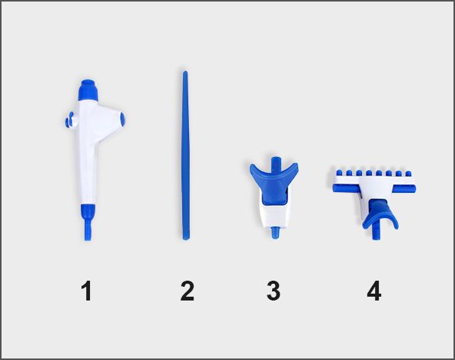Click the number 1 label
tap(86, 291)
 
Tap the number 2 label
tap(187, 291)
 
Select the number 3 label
tap(274, 291)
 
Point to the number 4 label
tap(373, 291)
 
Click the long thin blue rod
tap(185, 156)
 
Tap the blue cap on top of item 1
tap(88, 90)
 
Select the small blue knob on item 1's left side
tap(69, 121)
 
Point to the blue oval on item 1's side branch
tap(122, 117)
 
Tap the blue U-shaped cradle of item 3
tap(274, 179)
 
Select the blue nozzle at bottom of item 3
tap(274, 233)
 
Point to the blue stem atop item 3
tap(275, 163)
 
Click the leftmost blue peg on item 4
tap(338, 173)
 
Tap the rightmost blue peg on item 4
tap(409, 174)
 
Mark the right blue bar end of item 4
tap(404, 188)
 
